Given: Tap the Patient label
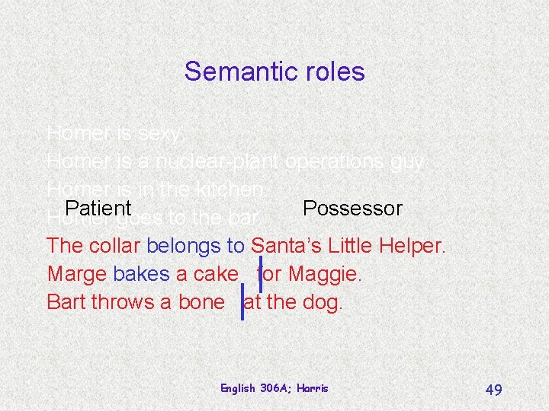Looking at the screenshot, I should tap(98, 208).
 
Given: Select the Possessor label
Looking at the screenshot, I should tap(352, 208).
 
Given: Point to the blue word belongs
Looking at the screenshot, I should tap(184, 246).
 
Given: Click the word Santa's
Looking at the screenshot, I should tap(287, 246).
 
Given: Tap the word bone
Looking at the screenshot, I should tap(201, 301).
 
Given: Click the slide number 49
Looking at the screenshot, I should tap(493, 390).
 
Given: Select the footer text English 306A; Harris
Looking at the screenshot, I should tap(274, 388).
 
